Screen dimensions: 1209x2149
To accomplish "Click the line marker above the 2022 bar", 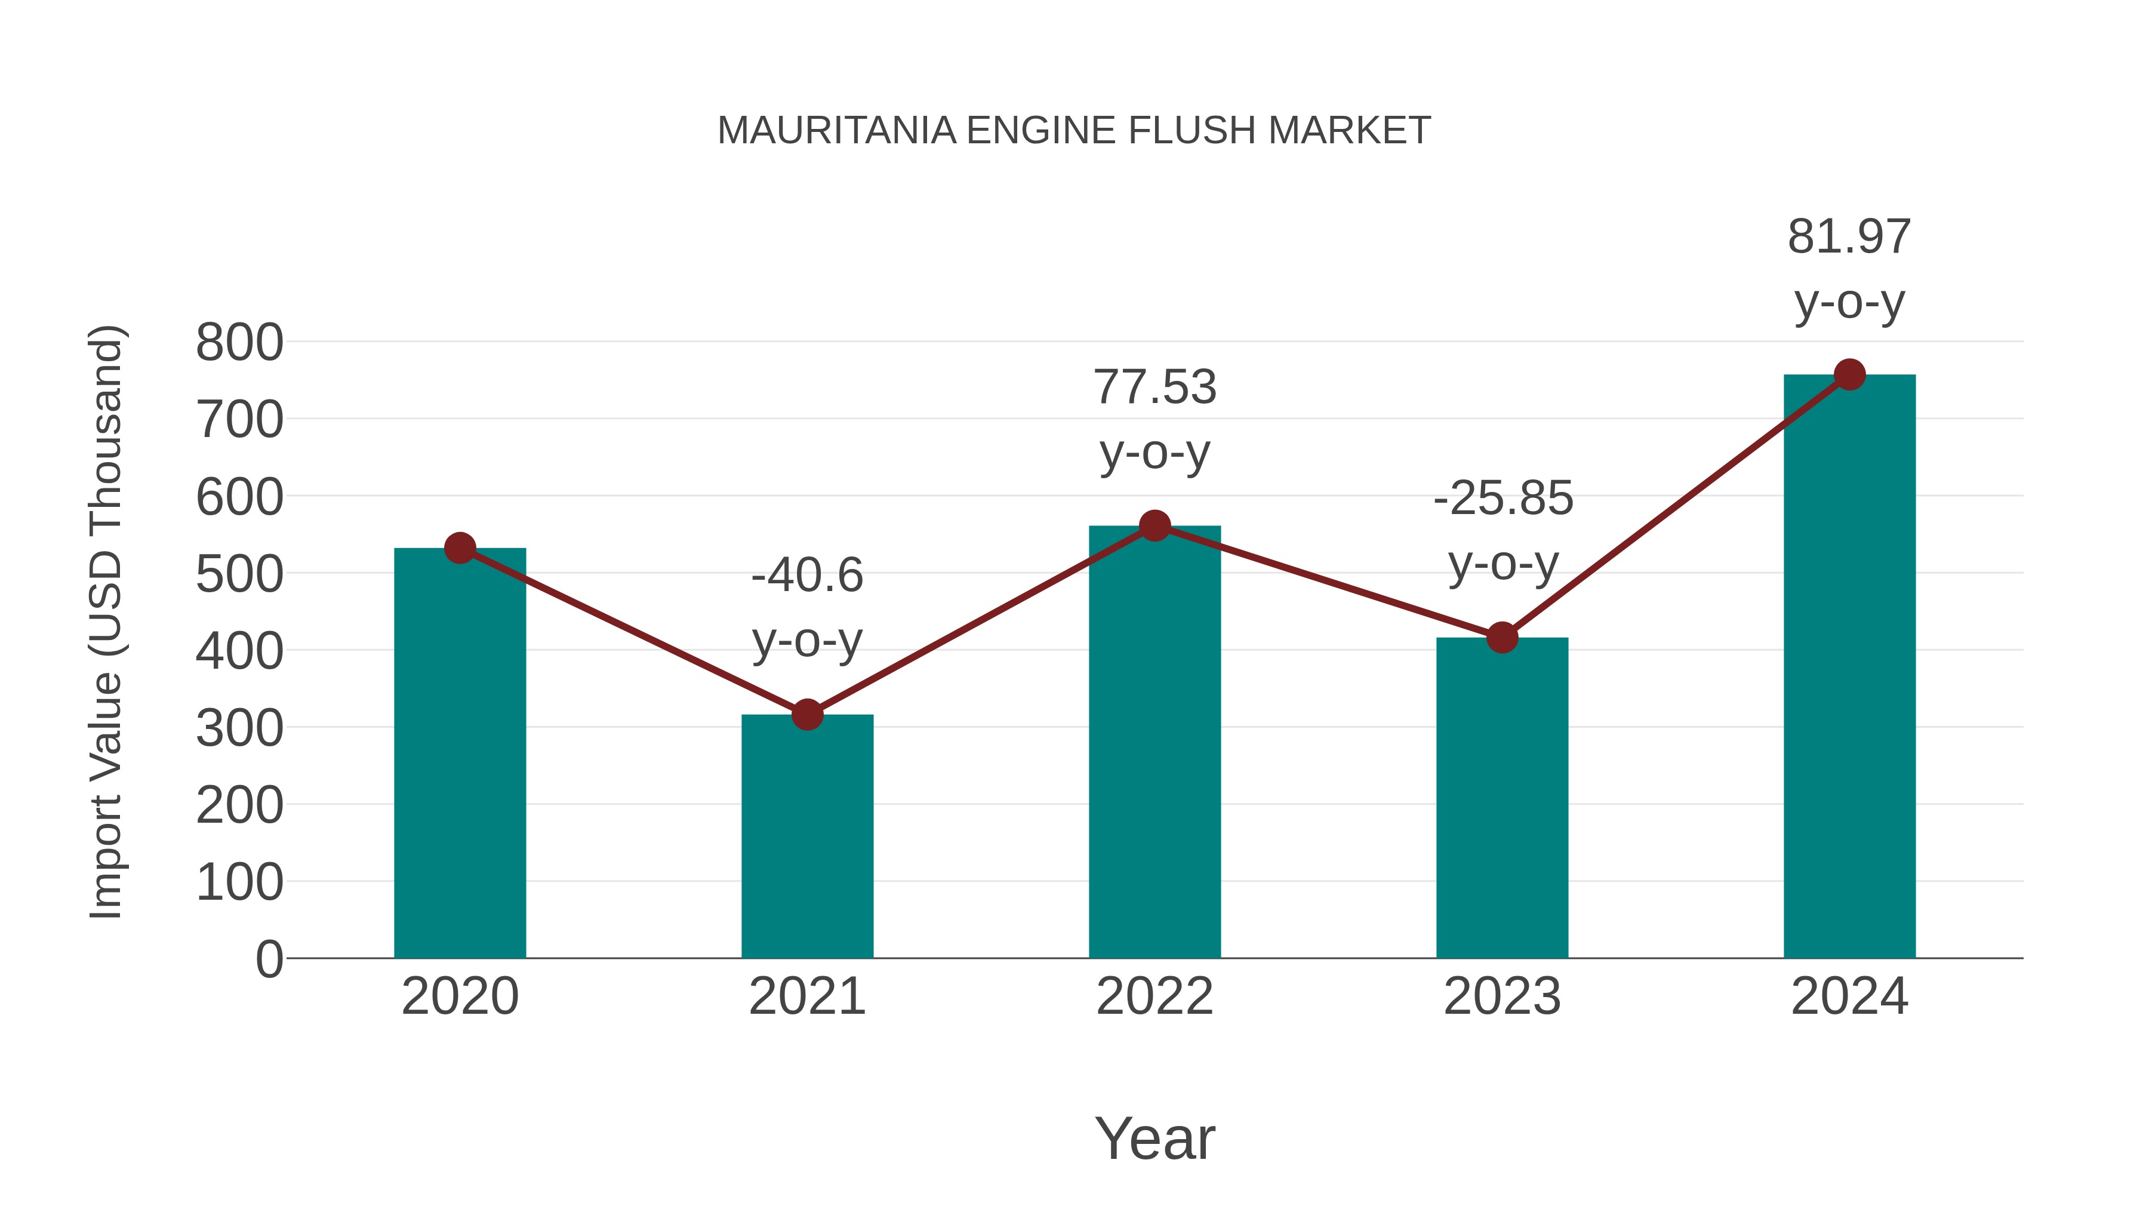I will pos(1154,525).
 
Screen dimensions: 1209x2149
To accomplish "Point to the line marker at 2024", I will pos(1849,374).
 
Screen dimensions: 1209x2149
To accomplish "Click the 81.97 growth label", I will pos(1849,237).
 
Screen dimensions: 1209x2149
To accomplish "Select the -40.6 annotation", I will pos(806,576).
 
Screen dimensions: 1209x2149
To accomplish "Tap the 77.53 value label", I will pos(1154,388).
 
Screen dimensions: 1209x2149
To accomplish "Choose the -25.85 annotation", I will pos(1503,499).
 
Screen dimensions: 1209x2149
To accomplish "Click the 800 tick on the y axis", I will pos(239,342).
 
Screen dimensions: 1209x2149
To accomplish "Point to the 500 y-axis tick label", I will pos(239,574).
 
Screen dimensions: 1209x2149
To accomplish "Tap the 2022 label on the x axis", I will pos(1154,996).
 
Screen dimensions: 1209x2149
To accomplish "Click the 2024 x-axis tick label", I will pos(1849,996).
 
